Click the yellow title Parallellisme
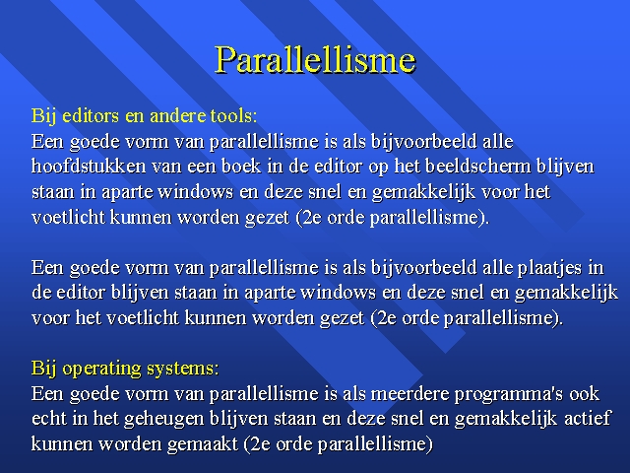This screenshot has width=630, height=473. pyautogui.click(x=315, y=59)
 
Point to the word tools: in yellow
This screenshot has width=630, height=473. pyautogui.click(x=233, y=116)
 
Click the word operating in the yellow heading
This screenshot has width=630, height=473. pyautogui.click(x=101, y=369)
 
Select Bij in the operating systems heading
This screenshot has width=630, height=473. pyautogui.click(x=44, y=369)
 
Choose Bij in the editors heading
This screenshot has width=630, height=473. pyautogui.click(x=44, y=116)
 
